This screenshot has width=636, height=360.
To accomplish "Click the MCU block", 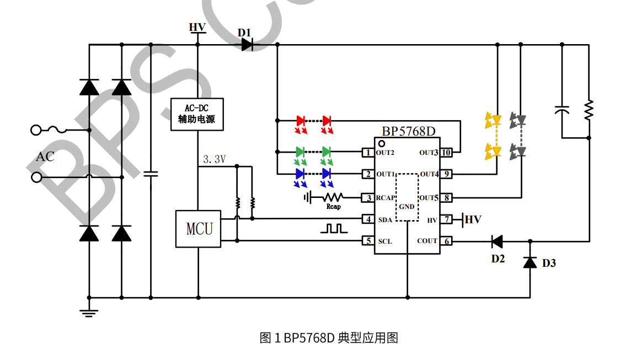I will tap(198, 228).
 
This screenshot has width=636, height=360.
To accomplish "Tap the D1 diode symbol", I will tap(247, 45).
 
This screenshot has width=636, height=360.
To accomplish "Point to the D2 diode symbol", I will tap(497, 241).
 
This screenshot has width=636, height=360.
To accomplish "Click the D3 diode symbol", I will tap(530, 262).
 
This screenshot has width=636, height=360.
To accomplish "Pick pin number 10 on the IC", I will tap(447, 152).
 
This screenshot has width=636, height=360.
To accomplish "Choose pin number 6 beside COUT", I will tap(447, 241).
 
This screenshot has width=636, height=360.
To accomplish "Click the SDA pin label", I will tap(385, 220).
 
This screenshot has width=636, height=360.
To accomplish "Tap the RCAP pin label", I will tap(386, 197).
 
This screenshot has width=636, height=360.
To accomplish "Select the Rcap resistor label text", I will tap(333, 207).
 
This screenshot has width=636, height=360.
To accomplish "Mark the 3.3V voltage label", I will tap(215, 159).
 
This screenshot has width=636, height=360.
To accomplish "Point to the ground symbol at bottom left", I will tap(89, 313).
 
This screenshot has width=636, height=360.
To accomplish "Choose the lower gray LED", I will tap(518, 151).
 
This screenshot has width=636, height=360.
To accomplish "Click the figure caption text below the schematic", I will tap(329, 337).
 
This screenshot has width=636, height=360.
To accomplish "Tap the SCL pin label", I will tap(385, 241).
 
